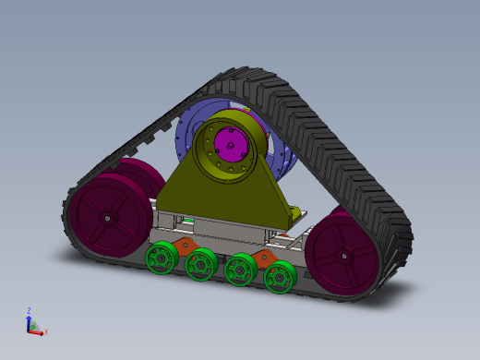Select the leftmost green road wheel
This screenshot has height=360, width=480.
point(162,257)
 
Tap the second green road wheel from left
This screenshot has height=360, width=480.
point(200,266)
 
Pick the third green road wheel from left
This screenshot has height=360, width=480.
point(241,270)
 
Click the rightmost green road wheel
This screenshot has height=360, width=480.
point(280,277)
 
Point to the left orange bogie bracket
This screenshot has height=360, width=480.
point(184,246)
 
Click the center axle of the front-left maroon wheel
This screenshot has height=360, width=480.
point(108,219)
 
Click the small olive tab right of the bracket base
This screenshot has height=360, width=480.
point(297,214)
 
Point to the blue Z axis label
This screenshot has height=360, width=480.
point(29,311)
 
